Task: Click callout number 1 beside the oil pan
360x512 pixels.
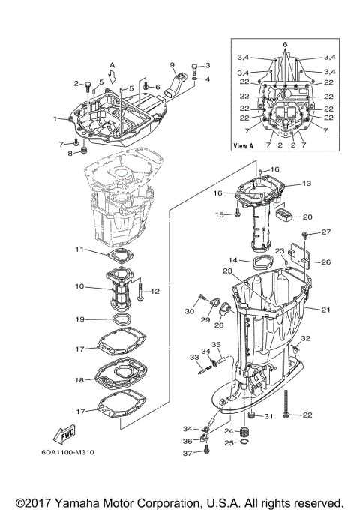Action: pos(55,118)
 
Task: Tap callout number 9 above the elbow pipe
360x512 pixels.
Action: pos(172,65)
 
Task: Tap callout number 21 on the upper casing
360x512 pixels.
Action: pos(325,310)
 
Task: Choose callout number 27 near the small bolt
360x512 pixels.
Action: pos(325,232)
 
